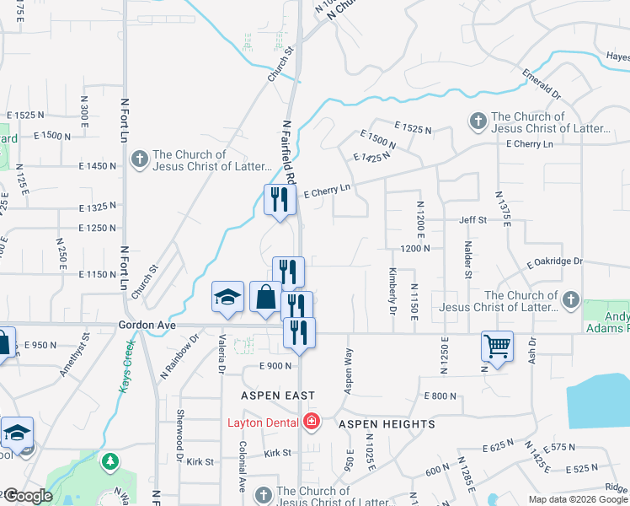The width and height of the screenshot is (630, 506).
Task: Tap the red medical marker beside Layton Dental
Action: coord(312,421)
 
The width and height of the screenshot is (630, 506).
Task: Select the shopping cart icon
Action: coord(497,346)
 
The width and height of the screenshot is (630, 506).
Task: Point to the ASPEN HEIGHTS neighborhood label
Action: coord(387,424)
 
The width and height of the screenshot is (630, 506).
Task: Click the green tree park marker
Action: coord(110,461)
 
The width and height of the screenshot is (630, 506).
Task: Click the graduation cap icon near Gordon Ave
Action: coord(227,296)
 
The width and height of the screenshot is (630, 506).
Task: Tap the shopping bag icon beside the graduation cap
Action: coord(265,297)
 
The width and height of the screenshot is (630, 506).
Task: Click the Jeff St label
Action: coord(473,220)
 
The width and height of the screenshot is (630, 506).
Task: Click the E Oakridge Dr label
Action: coord(555,261)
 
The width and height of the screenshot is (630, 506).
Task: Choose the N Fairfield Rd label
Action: coord(288,153)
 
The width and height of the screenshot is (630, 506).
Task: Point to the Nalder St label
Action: coord(467,256)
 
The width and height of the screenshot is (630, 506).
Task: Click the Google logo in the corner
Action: coord(27,496)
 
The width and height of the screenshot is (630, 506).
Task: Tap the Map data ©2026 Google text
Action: coord(577,499)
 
